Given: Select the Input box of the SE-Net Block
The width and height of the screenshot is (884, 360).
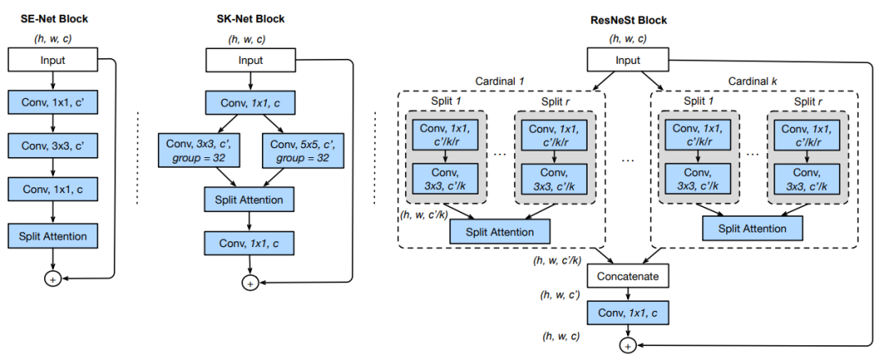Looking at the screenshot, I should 52,60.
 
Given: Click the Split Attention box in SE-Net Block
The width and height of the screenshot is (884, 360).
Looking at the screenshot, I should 52,236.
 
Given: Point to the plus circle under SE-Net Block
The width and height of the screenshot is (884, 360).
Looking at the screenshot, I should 52,278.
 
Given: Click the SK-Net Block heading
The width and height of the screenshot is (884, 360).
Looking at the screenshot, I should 250,17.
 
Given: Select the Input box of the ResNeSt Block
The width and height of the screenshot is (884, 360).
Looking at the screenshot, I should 628,60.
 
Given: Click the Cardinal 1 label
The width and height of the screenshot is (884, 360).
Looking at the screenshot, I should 502,82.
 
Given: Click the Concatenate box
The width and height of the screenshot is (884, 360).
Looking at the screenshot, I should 628,276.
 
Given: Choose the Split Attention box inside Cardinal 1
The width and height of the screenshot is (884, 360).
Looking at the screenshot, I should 500,232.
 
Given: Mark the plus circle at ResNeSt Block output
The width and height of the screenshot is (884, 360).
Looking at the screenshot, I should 628,346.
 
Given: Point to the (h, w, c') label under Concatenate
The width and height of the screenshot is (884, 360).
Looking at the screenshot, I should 562,296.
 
